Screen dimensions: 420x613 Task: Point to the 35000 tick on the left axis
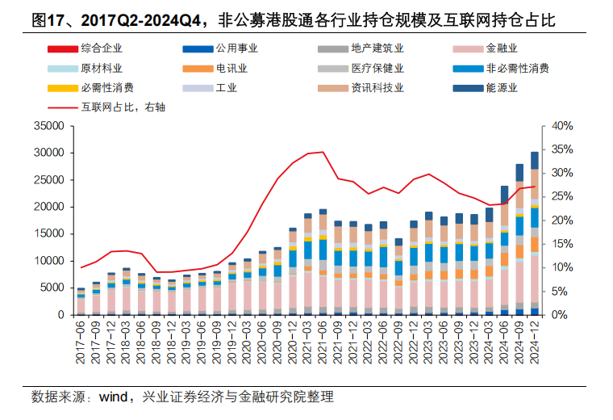click(x=49, y=126)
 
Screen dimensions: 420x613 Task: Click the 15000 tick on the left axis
click(x=49, y=233)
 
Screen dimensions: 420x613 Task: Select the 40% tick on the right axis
click(x=561, y=126)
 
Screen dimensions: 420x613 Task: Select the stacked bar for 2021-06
click(x=323, y=262)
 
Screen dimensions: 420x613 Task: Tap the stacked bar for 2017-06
click(x=81, y=301)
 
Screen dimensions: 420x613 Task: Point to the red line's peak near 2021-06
click(x=323, y=152)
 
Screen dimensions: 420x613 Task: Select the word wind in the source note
click(x=116, y=397)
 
